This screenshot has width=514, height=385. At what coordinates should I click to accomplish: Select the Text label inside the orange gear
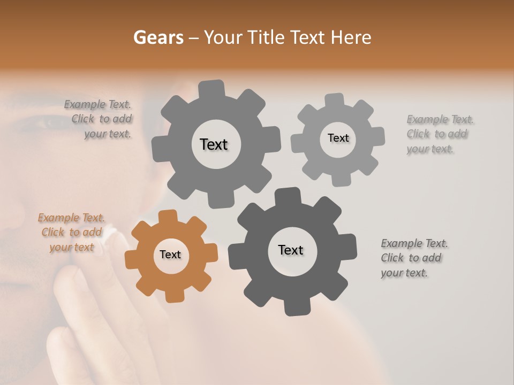point(170,255)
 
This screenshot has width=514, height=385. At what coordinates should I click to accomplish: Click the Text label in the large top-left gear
point(214,144)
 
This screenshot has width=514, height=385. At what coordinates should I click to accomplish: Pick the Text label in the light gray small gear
point(338,138)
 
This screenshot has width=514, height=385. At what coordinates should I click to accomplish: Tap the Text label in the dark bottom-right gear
point(291,250)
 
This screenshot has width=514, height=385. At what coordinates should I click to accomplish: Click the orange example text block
point(71,233)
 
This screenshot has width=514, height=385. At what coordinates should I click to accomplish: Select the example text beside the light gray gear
point(440,134)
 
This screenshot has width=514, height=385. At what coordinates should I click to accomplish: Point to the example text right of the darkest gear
point(414,258)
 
